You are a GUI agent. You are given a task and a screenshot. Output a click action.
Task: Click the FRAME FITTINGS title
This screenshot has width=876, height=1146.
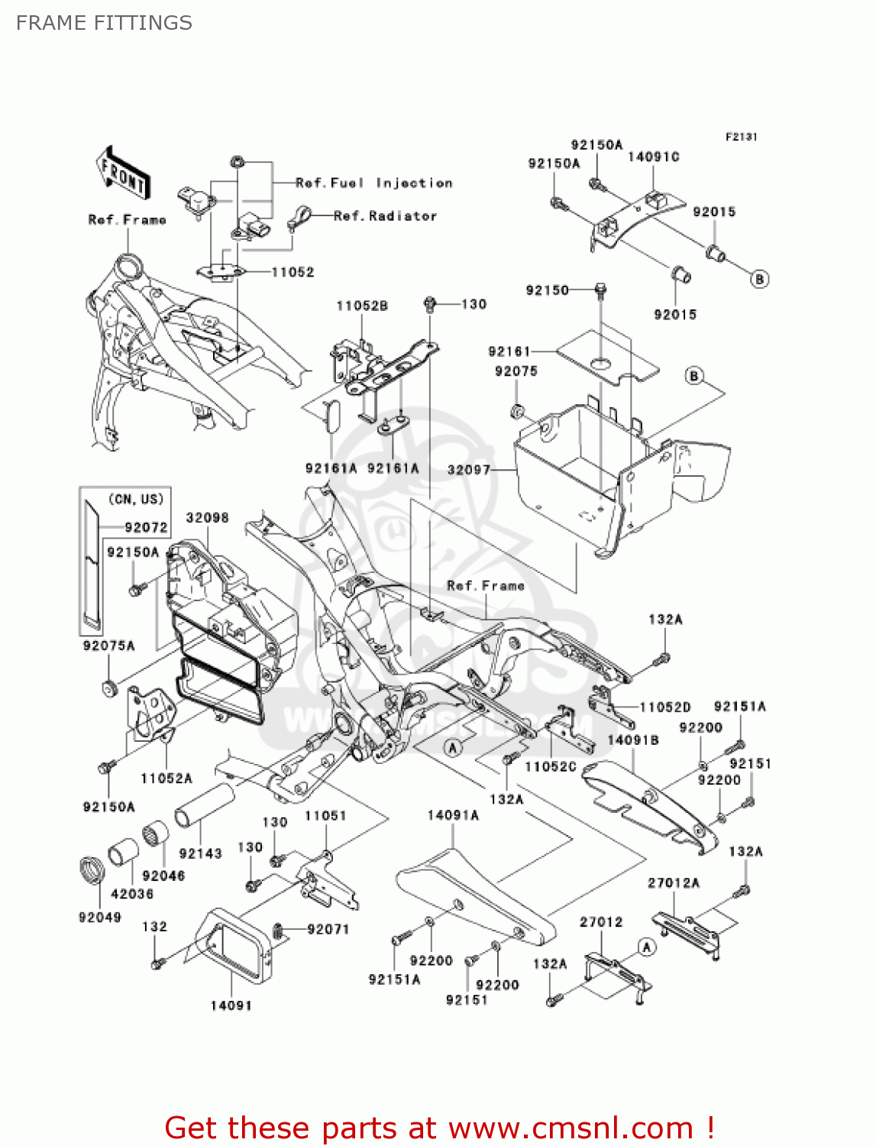(x=104, y=23)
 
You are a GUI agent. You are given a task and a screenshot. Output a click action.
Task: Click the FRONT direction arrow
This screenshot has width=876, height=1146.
(x=123, y=175)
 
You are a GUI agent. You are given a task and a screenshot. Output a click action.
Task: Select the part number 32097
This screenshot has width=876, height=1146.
(x=468, y=469)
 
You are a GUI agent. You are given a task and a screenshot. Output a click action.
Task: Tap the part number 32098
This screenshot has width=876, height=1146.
(x=207, y=517)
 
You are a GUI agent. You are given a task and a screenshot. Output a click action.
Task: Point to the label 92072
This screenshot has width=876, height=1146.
(x=146, y=527)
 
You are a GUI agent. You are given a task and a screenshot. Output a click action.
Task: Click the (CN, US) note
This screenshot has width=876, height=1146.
(x=136, y=499)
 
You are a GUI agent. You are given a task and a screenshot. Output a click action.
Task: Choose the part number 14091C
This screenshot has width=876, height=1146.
(x=653, y=157)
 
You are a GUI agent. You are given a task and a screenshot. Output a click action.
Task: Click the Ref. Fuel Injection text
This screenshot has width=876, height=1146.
(x=373, y=183)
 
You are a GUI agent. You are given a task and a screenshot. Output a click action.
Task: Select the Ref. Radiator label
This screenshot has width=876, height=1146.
(x=385, y=216)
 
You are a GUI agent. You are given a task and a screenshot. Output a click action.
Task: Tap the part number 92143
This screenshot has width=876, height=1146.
(x=200, y=853)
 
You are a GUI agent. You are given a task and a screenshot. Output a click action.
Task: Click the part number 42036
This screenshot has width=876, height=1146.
(x=132, y=893)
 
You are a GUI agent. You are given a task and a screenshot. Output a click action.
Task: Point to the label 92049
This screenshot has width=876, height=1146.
(x=100, y=917)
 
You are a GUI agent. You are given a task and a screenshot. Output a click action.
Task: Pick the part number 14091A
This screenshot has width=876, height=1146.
(x=453, y=815)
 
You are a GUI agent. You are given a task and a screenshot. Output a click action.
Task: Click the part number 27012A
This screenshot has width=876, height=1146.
(x=674, y=882)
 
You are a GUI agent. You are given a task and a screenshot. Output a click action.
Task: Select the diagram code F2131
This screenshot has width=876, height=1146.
(x=741, y=137)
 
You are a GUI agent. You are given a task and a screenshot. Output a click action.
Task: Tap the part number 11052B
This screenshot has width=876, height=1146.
(x=362, y=306)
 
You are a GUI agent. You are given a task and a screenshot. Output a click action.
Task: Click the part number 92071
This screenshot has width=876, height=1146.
(x=328, y=929)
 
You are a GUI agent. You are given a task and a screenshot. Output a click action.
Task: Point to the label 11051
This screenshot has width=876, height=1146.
(x=325, y=815)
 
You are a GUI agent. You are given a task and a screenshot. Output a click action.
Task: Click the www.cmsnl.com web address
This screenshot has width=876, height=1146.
(x=571, y=1128)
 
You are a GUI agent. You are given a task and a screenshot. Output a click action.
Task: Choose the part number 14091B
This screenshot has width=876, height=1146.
(x=633, y=740)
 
